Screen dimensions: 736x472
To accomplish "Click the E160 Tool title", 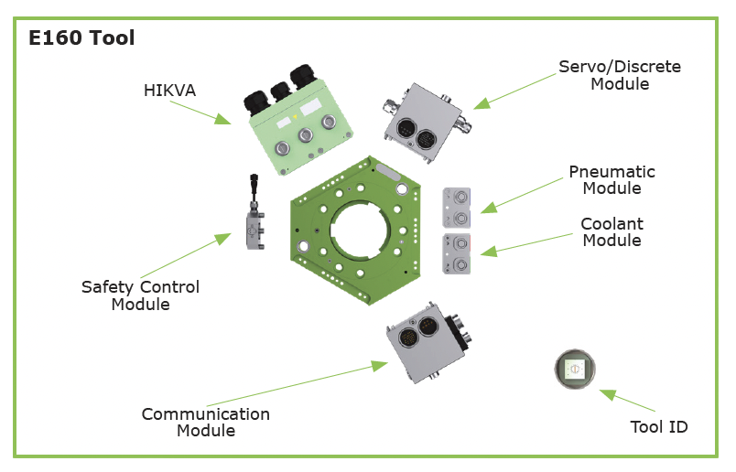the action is [x=81, y=38].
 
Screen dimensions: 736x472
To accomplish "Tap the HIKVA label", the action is [x=169, y=90].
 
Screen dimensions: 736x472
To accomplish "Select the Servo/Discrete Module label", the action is [x=620, y=75].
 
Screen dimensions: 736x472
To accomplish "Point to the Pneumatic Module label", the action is [x=612, y=179].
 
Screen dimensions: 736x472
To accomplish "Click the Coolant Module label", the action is [x=612, y=231].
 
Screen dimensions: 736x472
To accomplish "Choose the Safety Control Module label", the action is [x=140, y=295].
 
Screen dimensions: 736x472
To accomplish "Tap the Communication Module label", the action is [x=206, y=423].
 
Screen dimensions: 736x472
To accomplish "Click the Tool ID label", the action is [x=658, y=427].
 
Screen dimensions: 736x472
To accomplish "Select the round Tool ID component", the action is [x=575, y=369].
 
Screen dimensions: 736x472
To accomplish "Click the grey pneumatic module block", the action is [x=456, y=208].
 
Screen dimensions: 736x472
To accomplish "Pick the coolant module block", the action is [x=456, y=253].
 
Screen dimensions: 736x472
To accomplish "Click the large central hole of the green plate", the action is [x=360, y=231].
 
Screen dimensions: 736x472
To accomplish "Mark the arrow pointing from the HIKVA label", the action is [x=200, y=113].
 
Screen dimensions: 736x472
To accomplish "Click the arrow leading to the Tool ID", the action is [x=627, y=401].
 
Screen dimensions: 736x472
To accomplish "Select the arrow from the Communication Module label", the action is [x=298, y=383].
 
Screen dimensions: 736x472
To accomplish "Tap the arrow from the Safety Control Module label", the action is [x=186, y=255].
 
